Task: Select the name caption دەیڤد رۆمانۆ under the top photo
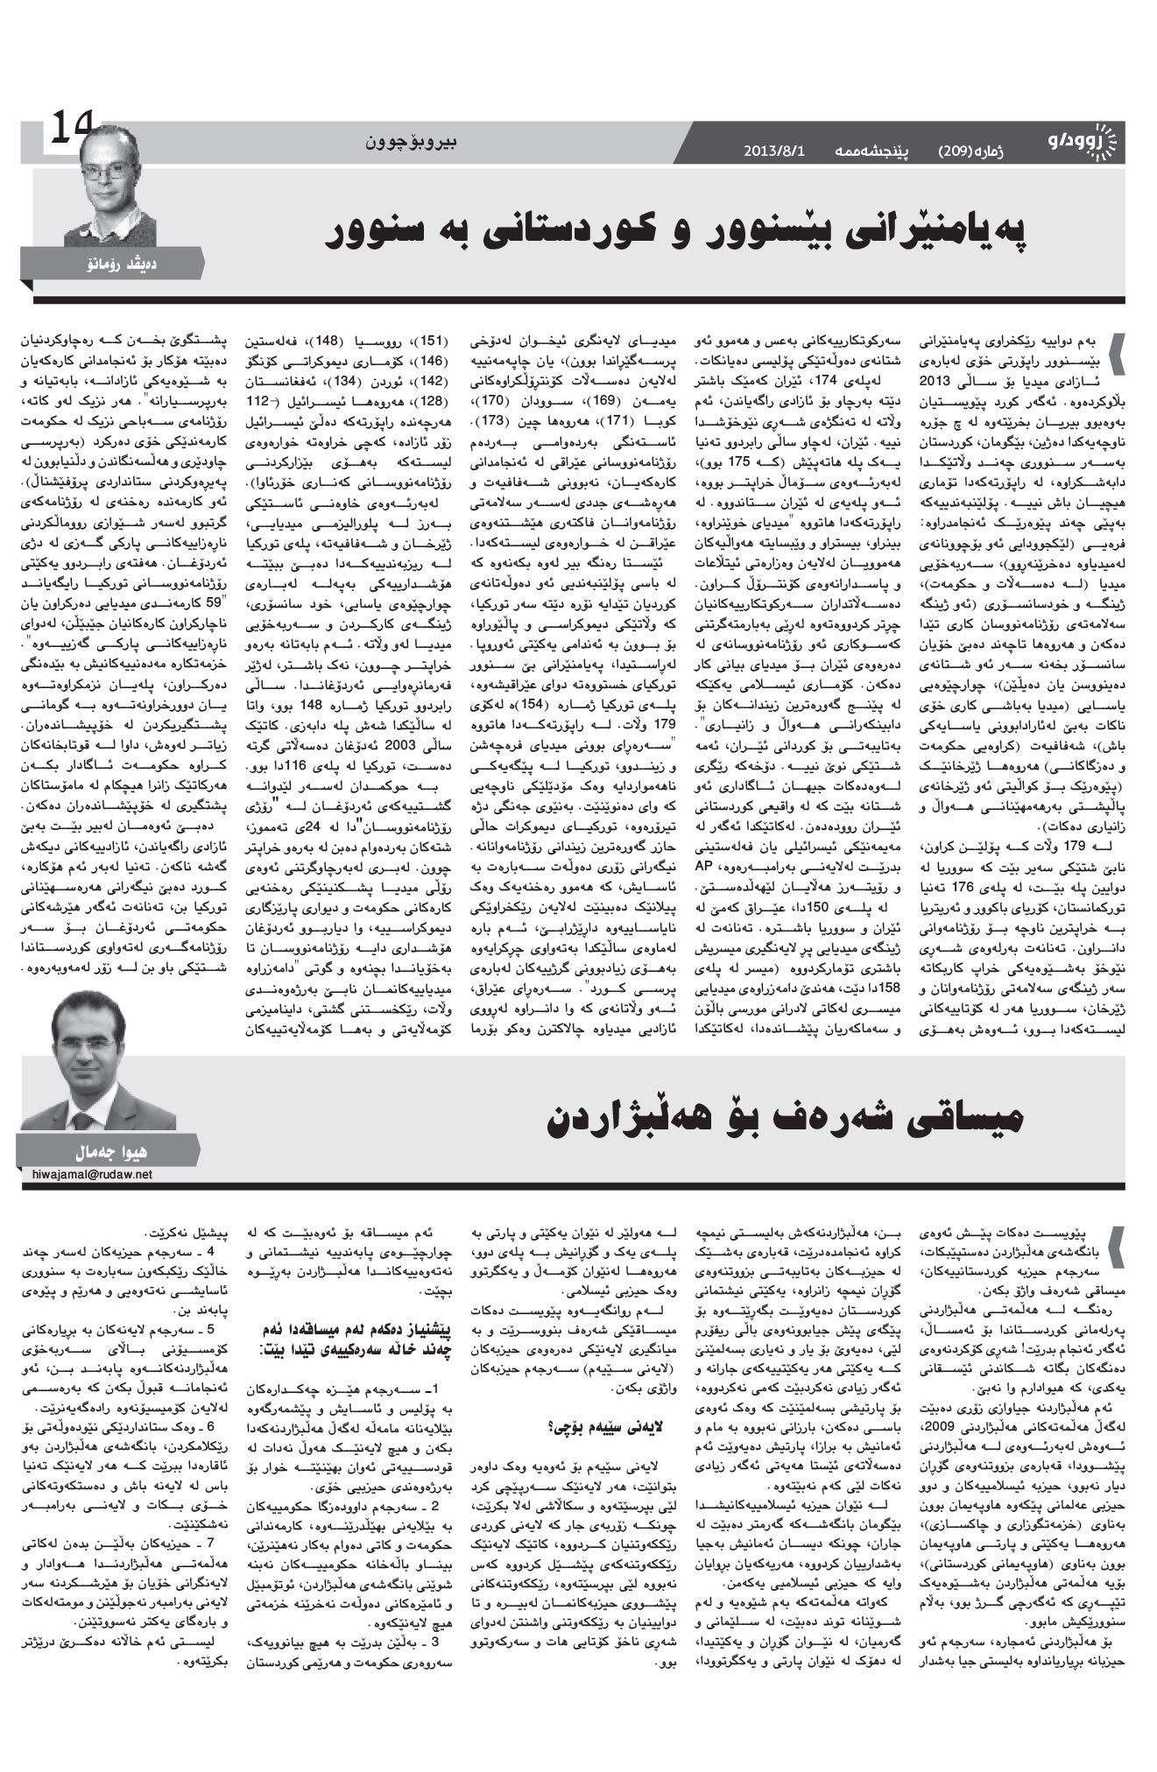[110, 263]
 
